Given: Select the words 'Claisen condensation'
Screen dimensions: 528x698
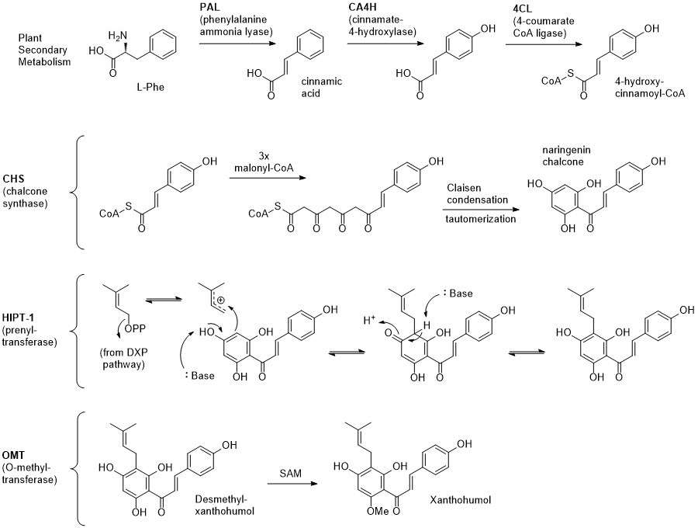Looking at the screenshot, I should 477,194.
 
